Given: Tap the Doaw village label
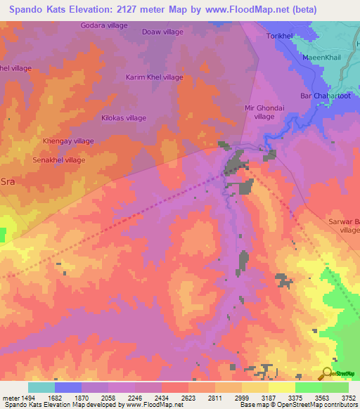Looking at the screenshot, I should point(162,32).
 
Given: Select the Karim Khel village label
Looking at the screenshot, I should point(154,77).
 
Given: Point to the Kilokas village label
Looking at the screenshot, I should point(124,118).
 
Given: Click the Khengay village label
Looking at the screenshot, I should point(68,141).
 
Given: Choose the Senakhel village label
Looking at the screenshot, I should point(59,160).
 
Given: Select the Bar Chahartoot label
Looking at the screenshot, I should point(325,96).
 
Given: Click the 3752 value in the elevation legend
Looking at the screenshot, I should point(348,398).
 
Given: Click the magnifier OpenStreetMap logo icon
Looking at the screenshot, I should point(326,373).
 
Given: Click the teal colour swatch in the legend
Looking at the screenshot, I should point(41,387).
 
